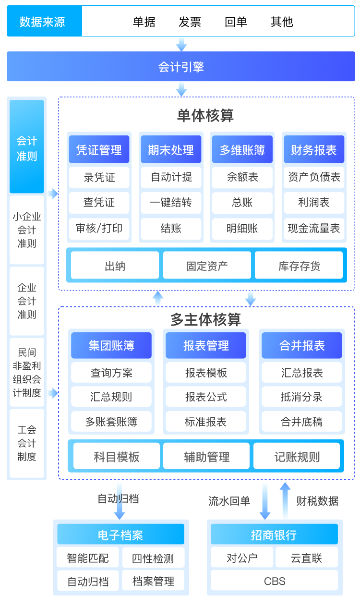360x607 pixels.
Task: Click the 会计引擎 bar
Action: click(181, 67)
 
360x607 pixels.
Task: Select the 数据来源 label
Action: click(42, 22)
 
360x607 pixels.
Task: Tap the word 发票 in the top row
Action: click(190, 22)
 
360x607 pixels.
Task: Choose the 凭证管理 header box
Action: click(99, 150)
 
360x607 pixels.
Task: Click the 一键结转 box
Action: click(171, 203)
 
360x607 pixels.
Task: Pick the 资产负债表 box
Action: click(314, 177)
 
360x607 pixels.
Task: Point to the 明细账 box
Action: click(242, 228)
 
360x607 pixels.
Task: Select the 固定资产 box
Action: click(207, 266)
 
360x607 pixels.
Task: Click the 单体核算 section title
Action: click(205, 116)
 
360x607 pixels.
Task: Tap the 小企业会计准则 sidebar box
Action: click(27, 230)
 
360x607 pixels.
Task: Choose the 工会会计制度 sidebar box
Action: click(27, 443)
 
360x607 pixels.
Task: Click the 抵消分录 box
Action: click(301, 397)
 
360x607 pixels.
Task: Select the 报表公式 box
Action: click(206, 397)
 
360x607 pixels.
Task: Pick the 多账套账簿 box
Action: click(111, 422)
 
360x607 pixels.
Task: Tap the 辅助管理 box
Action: click(206, 456)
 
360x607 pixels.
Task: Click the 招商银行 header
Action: click(274, 534)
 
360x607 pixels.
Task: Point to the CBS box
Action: click(275, 581)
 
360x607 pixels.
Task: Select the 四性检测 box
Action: click(153, 558)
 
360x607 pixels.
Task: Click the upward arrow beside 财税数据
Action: click(285, 500)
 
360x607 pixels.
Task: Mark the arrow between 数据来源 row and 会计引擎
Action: click(181, 44)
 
